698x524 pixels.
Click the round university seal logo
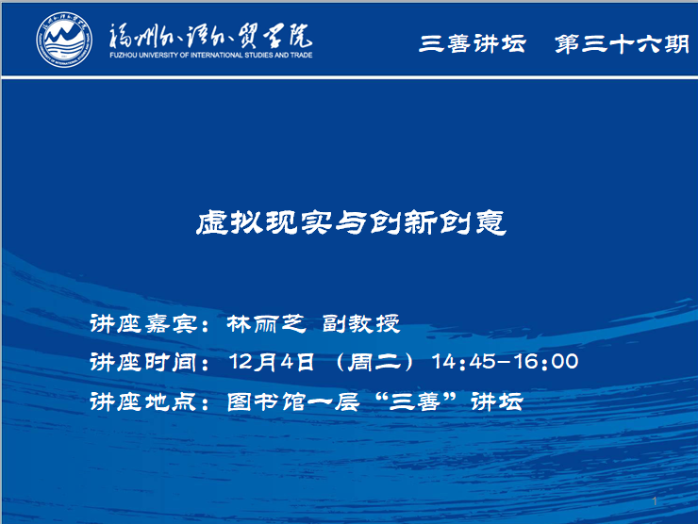pyautogui.click(x=64, y=40)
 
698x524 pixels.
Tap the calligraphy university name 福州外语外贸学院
pyautogui.click(x=210, y=36)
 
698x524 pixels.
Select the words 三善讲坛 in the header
pyautogui.click(x=473, y=43)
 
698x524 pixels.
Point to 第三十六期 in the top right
pyautogui.click(x=622, y=43)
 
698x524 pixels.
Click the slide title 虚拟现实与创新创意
pyautogui.click(x=351, y=222)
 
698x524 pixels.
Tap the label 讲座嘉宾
pyautogui.click(x=143, y=323)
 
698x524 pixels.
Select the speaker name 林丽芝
pyautogui.click(x=266, y=323)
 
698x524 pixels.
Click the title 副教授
pyautogui.click(x=361, y=323)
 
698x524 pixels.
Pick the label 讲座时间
pyautogui.click(x=143, y=362)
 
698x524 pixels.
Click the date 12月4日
pyautogui.click(x=272, y=362)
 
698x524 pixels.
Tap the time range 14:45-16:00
pyautogui.click(x=506, y=361)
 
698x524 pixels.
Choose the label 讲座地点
pyautogui.click(x=143, y=401)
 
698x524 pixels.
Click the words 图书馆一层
pyautogui.click(x=293, y=401)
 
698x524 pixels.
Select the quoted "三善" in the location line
pyautogui.click(x=416, y=401)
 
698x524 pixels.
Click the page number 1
pyautogui.click(x=655, y=501)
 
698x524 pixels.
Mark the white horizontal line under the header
pyautogui.click(x=349, y=78)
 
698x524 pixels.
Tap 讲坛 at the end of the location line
pyautogui.click(x=497, y=401)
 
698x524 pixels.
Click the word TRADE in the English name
pyautogui.click(x=302, y=56)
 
